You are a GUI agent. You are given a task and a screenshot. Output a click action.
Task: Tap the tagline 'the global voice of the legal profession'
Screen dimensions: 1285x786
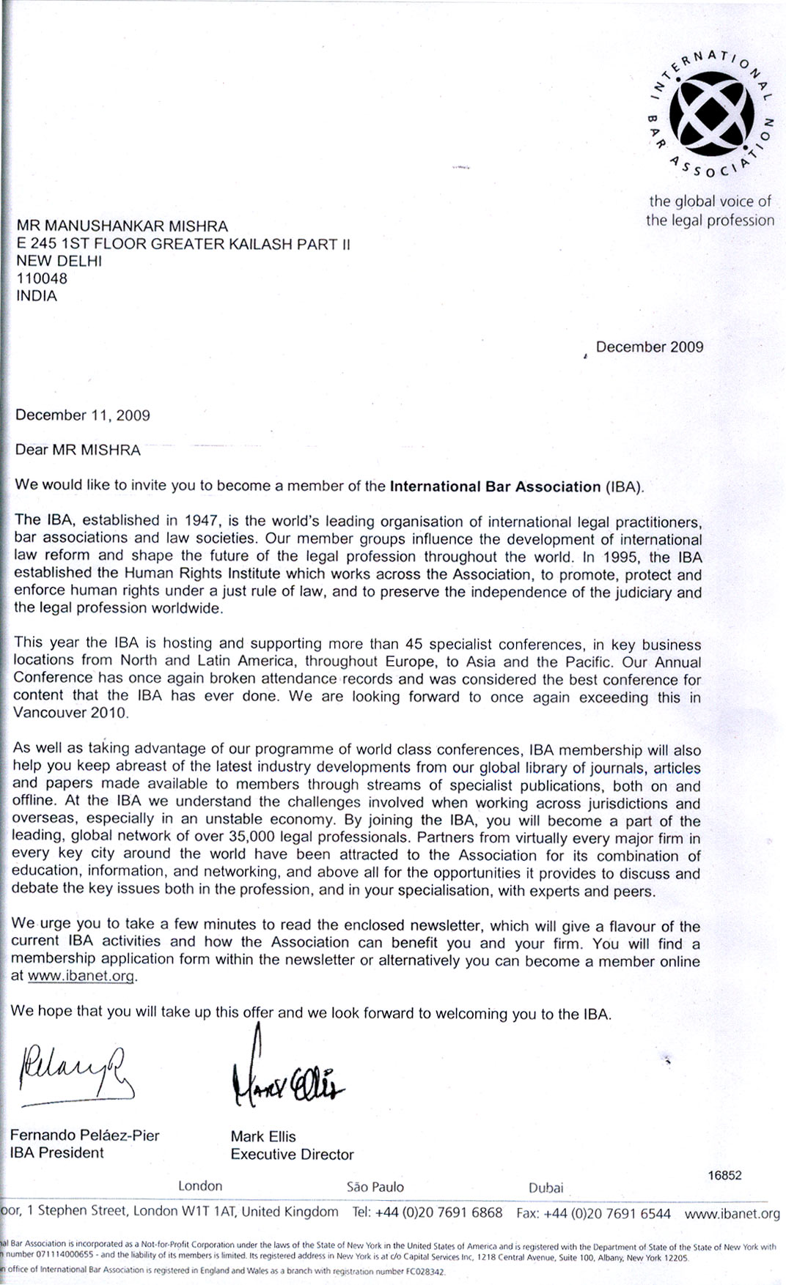tap(710, 211)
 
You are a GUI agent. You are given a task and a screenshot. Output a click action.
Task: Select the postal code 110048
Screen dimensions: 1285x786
tap(42, 278)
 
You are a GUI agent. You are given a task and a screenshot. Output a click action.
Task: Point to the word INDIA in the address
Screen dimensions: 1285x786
tap(37, 296)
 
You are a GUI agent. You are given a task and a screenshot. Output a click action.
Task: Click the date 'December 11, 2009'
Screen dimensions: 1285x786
tap(83, 415)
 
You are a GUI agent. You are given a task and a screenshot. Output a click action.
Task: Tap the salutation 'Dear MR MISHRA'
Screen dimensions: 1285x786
tap(78, 450)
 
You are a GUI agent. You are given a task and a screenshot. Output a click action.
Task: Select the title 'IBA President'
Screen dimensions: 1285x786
tap(57, 1152)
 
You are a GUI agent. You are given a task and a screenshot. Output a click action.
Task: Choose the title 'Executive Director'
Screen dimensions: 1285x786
tap(292, 1155)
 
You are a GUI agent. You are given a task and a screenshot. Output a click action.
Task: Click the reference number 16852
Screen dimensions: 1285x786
tap(724, 1175)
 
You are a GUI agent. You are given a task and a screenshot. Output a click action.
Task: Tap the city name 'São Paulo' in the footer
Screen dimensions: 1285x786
tap(375, 1187)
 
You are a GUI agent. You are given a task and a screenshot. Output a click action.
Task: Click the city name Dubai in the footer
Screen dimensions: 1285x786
tap(546, 1188)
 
